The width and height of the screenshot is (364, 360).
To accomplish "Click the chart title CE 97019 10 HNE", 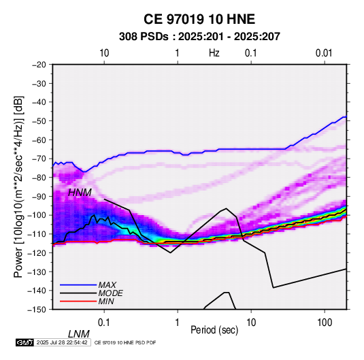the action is coord(199,19).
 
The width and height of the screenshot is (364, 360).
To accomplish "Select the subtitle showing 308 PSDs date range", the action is coord(199,37).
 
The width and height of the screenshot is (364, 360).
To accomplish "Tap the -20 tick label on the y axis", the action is coord(39,65).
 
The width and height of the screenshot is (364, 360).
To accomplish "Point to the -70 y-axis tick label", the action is coord(39,159).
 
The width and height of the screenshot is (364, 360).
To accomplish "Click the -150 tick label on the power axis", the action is coord(37,310).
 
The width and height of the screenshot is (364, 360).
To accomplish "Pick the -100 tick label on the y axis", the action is coord(37,215).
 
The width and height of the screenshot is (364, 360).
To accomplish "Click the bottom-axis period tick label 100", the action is coord(325,323).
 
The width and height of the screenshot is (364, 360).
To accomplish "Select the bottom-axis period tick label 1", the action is coord(178,323).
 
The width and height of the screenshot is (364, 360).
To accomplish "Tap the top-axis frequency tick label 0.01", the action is coord(324,53).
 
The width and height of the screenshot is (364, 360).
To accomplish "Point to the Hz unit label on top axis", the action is coord(214,53).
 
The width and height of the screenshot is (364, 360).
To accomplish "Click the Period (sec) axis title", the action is coord(214,330).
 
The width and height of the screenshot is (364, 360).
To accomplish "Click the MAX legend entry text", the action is coord(107,284).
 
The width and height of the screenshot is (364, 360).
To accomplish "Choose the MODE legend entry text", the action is coord(110,293).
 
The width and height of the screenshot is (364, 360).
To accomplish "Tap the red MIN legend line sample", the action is coord(78,301).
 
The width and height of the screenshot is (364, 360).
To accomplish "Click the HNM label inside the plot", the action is coord(80,193).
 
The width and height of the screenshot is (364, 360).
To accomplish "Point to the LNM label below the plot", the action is coord(78,334).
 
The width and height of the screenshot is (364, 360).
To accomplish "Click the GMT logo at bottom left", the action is coord(25,342).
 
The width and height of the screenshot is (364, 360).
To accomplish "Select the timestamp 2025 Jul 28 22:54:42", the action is coord(62,342).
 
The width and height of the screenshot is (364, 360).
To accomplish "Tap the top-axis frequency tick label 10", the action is coord(104,53).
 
